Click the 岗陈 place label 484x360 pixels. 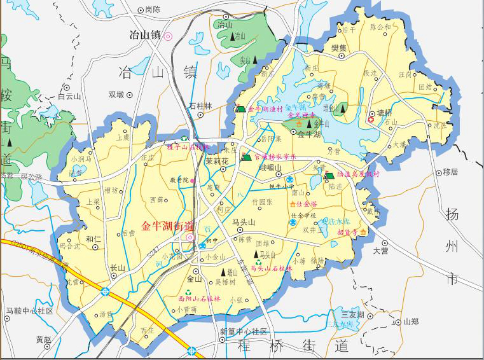pyautogui.click(x=153, y=10)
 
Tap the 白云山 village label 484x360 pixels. pyautogui.click(x=69, y=97)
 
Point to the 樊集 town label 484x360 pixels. pyautogui.click(x=338, y=48)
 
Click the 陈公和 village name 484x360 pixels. pyautogui.click(x=380, y=27)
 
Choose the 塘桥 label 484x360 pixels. pyautogui.click(x=385, y=113)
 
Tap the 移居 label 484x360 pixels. pyautogui.click(x=450, y=172)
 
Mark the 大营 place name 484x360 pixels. pyautogui.click(x=380, y=251)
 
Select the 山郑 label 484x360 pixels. pyautogui.click(x=411, y=322)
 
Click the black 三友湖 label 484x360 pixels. pyautogui.click(x=352, y=314)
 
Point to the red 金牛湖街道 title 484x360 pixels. pyautogui.click(x=167, y=225)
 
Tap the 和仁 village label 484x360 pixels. pyautogui.click(x=93, y=239)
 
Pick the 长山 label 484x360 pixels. pyautogui.click(x=118, y=268)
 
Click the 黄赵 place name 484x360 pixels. pyautogui.click(x=44, y=339)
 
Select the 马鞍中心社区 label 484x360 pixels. pyautogui.click(x=29, y=311)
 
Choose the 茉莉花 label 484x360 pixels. pyautogui.click(x=216, y=162)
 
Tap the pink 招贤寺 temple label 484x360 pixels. pyautogui.click(x=347, y=233)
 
